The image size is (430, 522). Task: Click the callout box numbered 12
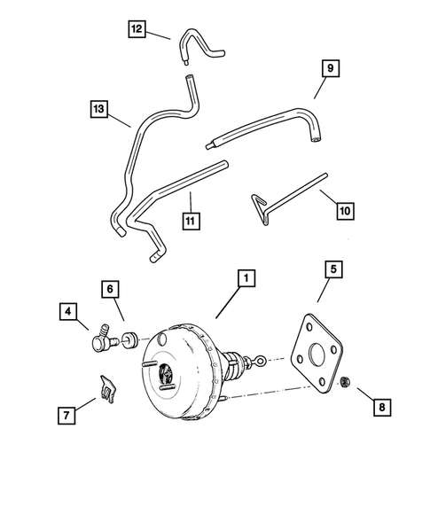(136, 30)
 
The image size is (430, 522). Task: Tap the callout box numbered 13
(98, 110)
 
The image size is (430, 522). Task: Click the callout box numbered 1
(245, 277)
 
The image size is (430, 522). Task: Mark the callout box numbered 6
(111, 289)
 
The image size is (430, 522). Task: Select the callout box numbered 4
(67, 311)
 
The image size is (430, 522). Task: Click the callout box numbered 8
(382, 407)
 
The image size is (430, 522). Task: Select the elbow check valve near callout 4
(98, 338)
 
